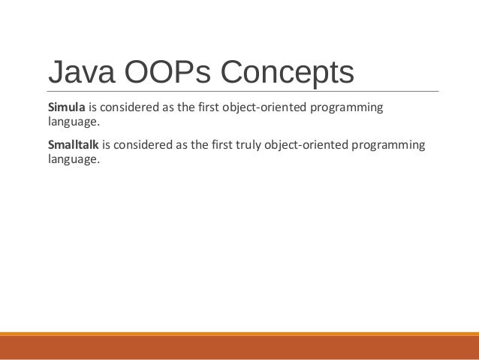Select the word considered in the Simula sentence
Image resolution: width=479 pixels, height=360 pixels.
(x=131, y=107)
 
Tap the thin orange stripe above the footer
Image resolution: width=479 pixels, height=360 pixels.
(x=239, y=334)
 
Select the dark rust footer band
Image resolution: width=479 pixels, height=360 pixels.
(x=239, y=348)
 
